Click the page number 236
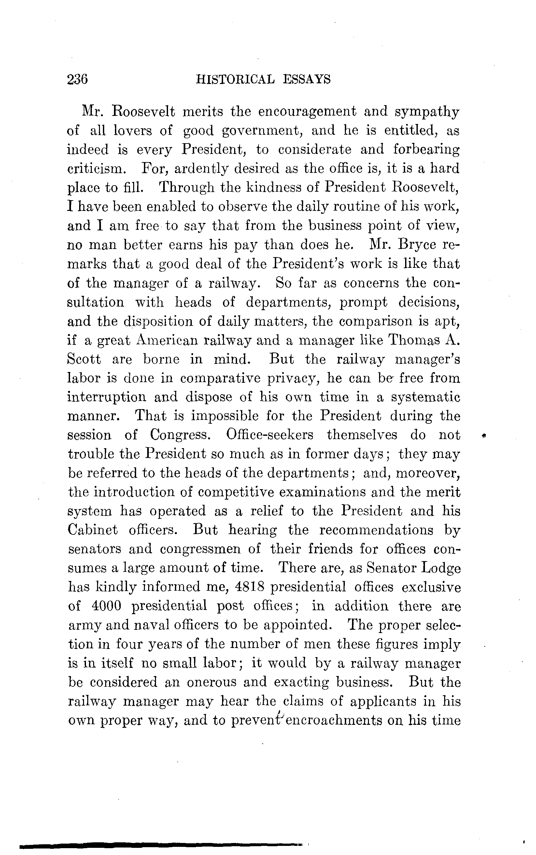77,79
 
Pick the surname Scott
84,359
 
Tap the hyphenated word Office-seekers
269,435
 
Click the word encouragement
307,112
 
